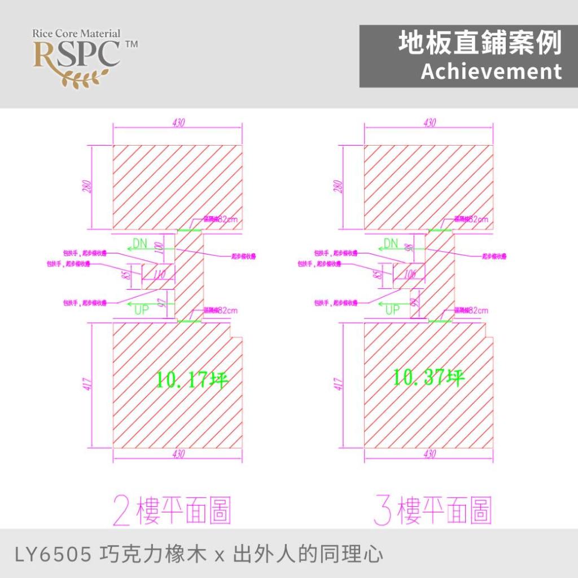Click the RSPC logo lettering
coord(76,54)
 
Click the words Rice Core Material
coord(76,33)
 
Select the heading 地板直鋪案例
coord(480,43)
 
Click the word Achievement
coord(491,72)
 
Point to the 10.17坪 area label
coord(192,379)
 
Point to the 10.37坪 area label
coord(429,377)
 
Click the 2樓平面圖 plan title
coord(172,509)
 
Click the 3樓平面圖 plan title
coord(432,509)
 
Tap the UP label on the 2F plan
coord(141,309)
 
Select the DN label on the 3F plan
coord(391,243)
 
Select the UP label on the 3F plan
coord(392,309)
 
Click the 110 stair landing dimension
coord(160,275)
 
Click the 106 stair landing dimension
coord(410,274)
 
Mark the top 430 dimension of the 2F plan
coord(178,122)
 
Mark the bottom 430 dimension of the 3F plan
coord(429,454)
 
